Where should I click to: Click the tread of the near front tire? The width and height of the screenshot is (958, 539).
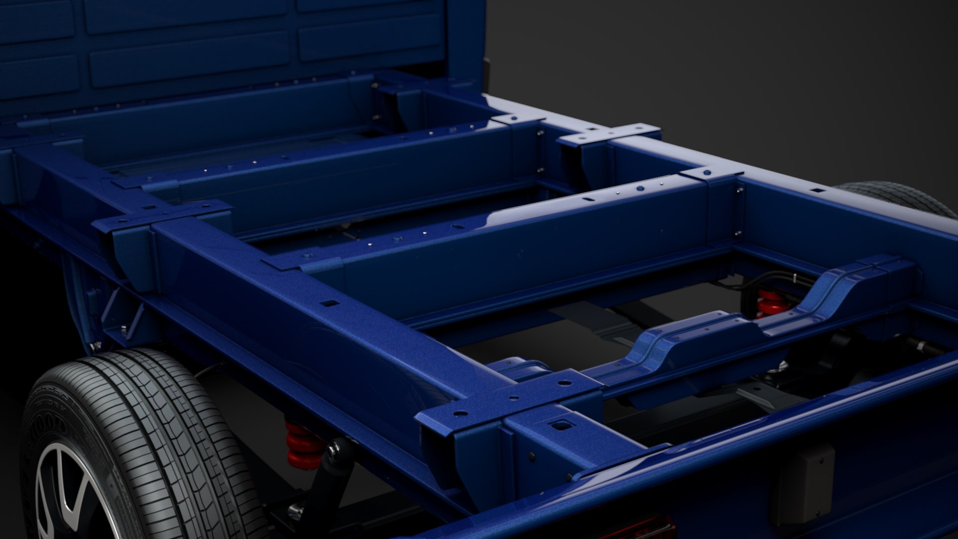click(x=165, y=424)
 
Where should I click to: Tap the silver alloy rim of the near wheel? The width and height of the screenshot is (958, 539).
click(x=75, y=494)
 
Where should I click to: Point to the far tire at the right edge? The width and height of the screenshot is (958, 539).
click(x=898, y=197)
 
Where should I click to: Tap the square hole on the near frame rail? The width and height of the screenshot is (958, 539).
click(x=329, y=303)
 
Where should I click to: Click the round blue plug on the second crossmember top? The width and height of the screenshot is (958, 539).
click(x=640, y=189)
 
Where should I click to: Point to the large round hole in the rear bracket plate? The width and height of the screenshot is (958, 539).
click(x=460, y=413)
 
